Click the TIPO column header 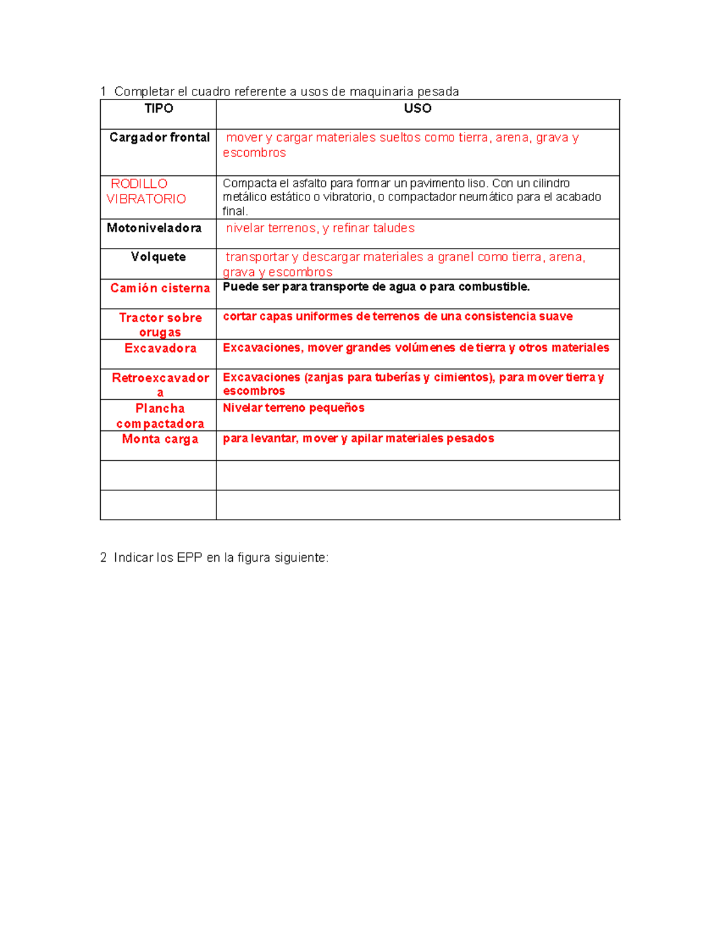[x=158, y=109]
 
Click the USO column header [x=418, y=109]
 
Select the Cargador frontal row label [x=160, y=137]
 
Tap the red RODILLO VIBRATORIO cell [x=146, y=191]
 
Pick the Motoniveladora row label [x=154, y=228]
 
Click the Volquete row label [x=158, y=257]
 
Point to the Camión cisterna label [x=160, y=288]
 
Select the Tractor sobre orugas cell [x=160, y=325]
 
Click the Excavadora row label [x=160, y=348]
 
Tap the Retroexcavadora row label [x=160, y=385]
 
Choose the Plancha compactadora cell [x=160, y=416]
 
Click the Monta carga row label [x=160, y=439]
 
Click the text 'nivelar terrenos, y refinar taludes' [x=320, y=228]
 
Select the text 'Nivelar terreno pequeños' [x=293, y=408]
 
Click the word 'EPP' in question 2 [x=190, y=558]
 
